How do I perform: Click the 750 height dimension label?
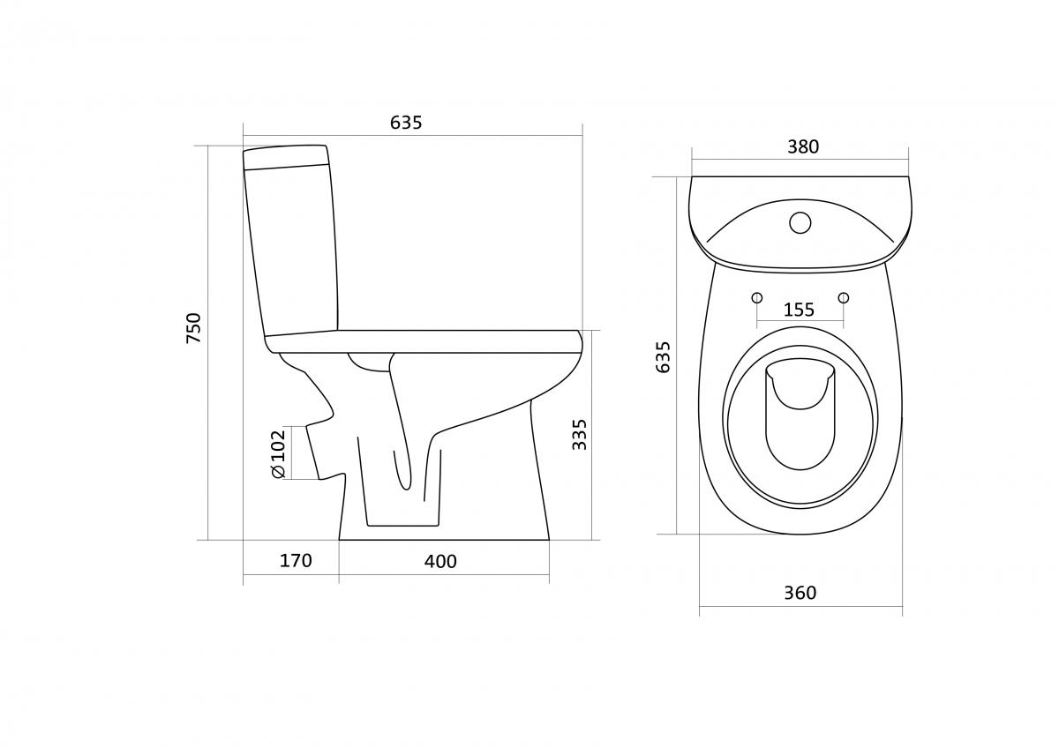[193, 328]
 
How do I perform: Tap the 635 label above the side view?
[406, 123]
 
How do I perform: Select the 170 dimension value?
[296, 561]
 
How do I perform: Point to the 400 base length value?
[440, 561]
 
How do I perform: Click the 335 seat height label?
[579, 435]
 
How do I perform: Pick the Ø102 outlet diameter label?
[279, 453]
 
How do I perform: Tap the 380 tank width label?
[803, 147]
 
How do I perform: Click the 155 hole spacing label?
[799, 310]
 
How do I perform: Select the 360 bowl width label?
[800, 593]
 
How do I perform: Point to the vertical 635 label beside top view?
[664, 357]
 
